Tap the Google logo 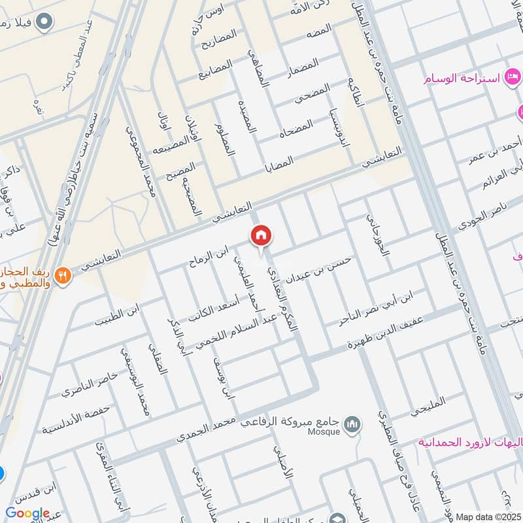coord(27,513)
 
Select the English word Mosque coord(327,432)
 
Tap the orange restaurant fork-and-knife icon coord(63,275)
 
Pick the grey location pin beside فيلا coord(45,22)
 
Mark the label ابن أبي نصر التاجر coord(377,307)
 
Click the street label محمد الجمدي coord(205,430)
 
